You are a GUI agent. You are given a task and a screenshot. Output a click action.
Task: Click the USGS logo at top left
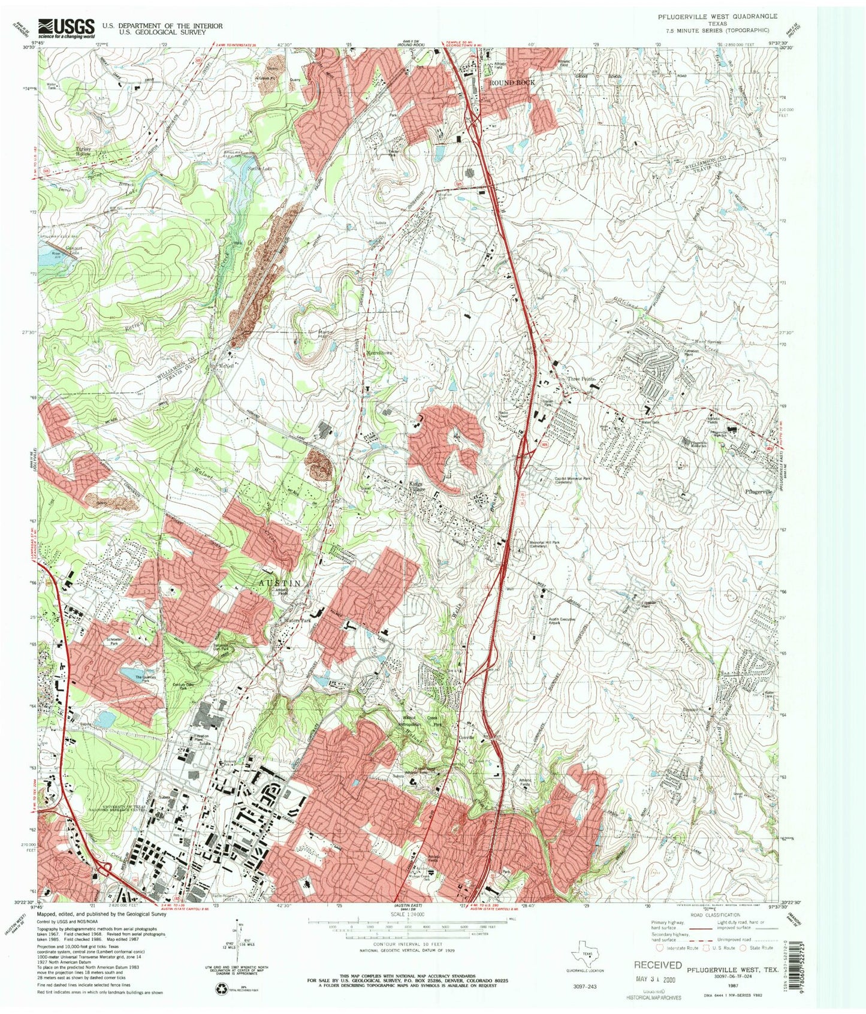(67, 28)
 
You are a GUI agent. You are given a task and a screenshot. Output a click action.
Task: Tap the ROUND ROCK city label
(512, 82)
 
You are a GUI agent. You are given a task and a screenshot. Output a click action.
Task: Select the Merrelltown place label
(379, 353)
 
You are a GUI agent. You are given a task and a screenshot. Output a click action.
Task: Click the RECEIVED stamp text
(657, 965)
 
